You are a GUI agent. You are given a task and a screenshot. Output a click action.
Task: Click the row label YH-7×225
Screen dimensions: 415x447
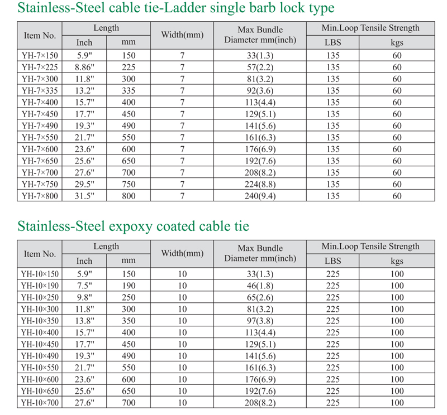40,67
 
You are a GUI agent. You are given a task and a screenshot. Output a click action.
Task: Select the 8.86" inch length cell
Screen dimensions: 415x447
84,67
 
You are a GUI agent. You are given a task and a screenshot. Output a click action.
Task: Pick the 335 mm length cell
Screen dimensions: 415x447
129,90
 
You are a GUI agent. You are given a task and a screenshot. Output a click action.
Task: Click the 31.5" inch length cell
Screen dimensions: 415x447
84,196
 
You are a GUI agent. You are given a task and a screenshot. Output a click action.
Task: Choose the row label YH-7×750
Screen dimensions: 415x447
40,184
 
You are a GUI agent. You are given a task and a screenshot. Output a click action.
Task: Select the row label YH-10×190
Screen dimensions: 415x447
40,286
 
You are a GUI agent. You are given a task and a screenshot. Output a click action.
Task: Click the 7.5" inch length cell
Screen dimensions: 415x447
84,286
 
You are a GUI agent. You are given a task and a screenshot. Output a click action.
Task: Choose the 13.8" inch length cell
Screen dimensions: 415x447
84,321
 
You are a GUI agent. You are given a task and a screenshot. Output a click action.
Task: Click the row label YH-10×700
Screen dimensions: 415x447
40,403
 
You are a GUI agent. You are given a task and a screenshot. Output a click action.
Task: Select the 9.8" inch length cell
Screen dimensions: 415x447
84,297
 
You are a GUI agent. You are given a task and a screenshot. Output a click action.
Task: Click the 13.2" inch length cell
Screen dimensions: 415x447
84,90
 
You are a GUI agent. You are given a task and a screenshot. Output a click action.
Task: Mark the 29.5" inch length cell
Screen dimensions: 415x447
84,184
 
